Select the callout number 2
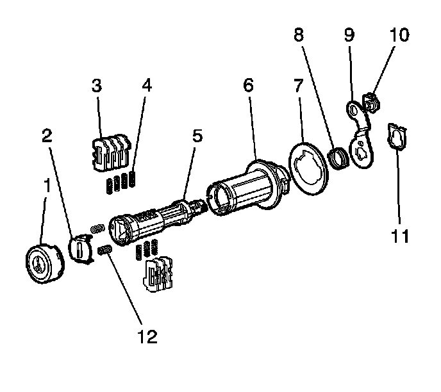(x=48, y=136)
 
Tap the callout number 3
(x=97, y=86)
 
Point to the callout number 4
(x=147, y=86)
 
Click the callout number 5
(x=197, y=136)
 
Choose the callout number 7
(x=297, y=86)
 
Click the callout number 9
(x=349, y=36)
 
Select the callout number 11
(x=400, y=236)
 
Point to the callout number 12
(x=148, y=335)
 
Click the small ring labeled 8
(x=340, y=157)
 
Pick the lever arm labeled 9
(x=360, y=138)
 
